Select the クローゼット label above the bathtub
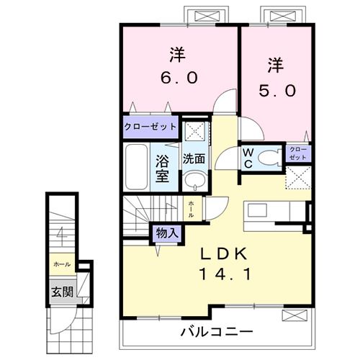tap(150, 127)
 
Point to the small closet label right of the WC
tap(298, 153)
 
